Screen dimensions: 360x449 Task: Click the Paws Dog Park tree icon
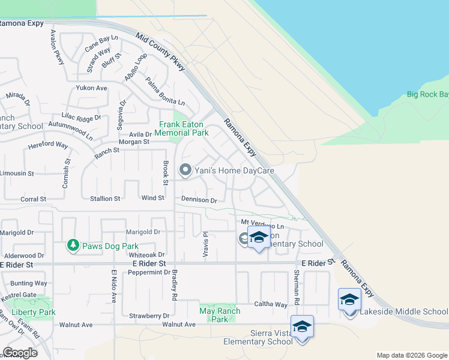tap(73, 245)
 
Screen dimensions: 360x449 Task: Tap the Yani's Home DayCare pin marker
tap(185, 170)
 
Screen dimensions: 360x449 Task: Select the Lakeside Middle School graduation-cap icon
tap(349, 299)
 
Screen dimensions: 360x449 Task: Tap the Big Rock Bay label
tap(427, 94)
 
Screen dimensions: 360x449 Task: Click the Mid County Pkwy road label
tap(160, 53)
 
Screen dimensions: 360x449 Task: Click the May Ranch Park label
tap(220, 315)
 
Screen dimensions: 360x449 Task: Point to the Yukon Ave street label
tap(91, 88)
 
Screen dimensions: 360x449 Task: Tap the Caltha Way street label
tap(270, 305)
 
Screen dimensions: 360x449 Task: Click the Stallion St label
tap(105, 198)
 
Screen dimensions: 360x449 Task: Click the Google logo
tap(20, 353)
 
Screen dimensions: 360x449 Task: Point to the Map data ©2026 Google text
tap(411, 355)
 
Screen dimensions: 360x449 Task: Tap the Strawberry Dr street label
tap(149, 316)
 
